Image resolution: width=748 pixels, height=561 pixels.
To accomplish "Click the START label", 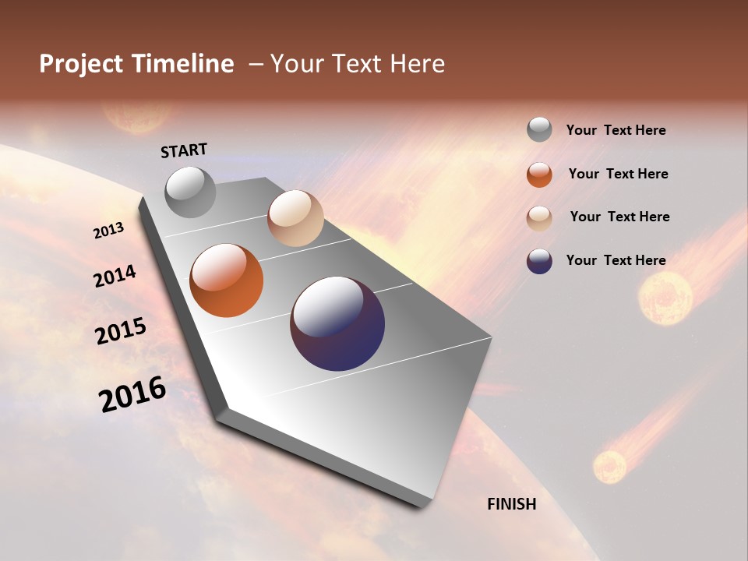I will point(184,150).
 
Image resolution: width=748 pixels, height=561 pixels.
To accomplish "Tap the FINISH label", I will point(511,504).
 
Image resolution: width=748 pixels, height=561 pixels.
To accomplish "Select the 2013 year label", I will point(109,230).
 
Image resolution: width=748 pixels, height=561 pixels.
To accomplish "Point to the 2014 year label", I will point(115,277).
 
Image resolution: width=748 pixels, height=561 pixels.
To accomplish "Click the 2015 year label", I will point(120,331).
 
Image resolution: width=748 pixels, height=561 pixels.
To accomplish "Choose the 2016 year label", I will point(132,394).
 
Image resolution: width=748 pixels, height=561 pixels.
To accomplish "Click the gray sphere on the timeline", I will point(190,192).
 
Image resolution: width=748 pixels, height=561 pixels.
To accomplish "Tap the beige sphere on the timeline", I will point(295,218).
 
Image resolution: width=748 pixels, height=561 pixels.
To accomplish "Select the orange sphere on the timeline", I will point(227,280).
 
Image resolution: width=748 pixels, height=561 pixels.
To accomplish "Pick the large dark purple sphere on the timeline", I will point(337,323).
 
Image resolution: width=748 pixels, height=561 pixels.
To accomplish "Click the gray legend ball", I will point(539,129).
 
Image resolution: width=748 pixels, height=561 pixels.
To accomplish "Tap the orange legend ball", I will point(539,175).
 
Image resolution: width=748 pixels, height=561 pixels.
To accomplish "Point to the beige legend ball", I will point(539,218).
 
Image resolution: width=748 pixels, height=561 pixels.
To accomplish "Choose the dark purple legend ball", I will point(539,261).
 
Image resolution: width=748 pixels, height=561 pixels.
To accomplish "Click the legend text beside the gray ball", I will point(616,130).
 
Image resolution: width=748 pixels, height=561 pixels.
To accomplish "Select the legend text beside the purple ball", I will point(616,260).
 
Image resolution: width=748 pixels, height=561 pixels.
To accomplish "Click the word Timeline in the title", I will point(183,64).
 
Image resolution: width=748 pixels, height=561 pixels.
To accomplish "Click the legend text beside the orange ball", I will point(618,174).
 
